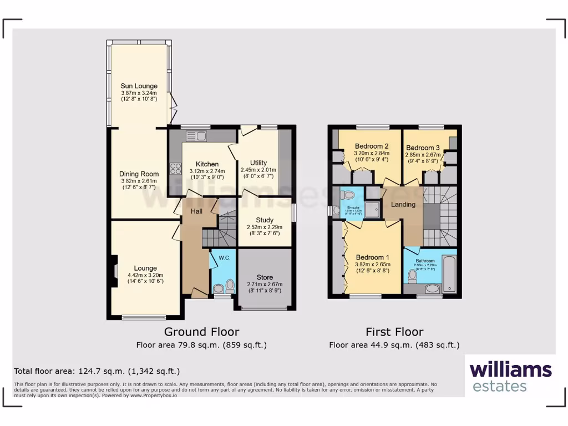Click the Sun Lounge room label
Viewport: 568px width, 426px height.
(x=139, y=86)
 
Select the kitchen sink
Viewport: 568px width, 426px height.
(x=196, y=135)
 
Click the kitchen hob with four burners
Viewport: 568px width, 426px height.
(x=176, y=168)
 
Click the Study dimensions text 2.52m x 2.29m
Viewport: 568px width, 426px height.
(x=264, y=227)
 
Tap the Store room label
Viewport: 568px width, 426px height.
(x=265, y=277)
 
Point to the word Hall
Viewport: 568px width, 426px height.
(x=197, y=211)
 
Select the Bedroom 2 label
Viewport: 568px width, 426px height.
(x=372, y=146)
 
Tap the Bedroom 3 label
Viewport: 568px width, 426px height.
(x=423, y=148)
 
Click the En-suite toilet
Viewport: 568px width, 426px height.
(x=348, y=195)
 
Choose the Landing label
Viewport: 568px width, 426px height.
(x=403, y=205)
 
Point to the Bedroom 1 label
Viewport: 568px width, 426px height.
(x=373, y=257)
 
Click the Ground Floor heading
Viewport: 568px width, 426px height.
(x=202, y=332)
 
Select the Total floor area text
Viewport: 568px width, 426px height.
(x=97, y=371)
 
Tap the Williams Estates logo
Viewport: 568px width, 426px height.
(x=510, y=376)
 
